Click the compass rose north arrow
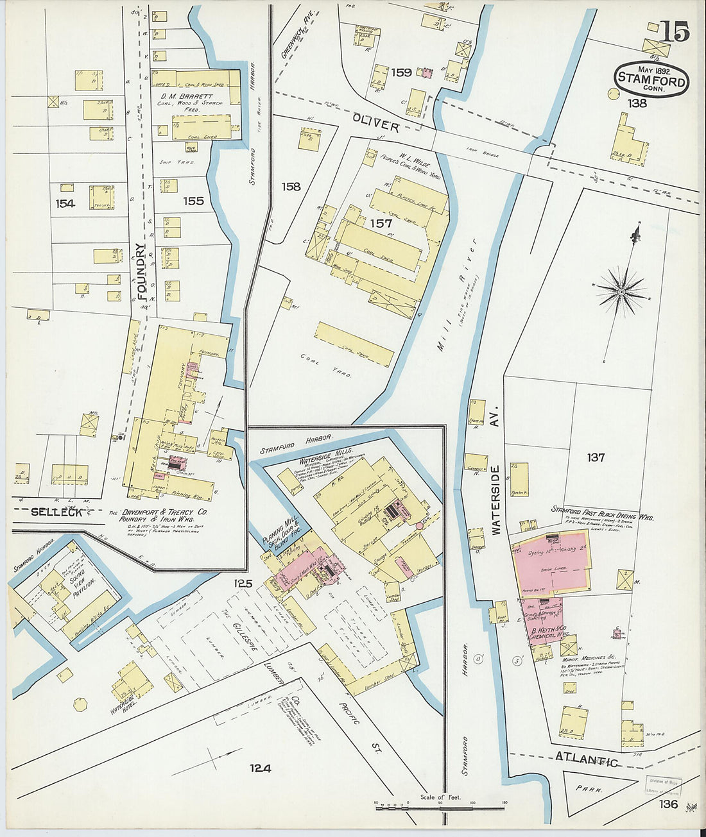pyautogui.click(x=621, y=291)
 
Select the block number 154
pyautogui.click(x=65, y=203)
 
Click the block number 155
pyautogui.click(x=193, y=201)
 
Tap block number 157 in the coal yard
pyautogui.click(x=381, y=223)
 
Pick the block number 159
pyautogui.click(x=401, y=72)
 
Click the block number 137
pyautogui.click(x=595, y=457)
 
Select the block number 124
pyautogui.click(x=261, y=768)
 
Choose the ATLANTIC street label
pyautogui.click(x=586, y=759)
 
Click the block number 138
pyautogui.click(x=637, y=103)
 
